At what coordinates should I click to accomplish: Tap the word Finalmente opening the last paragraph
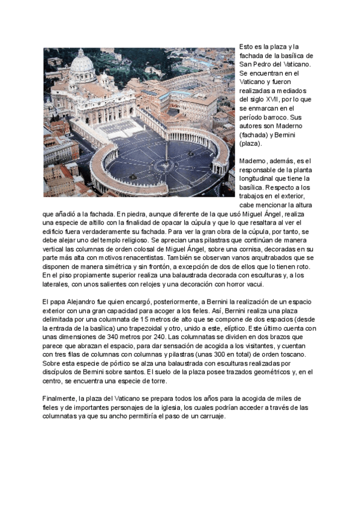tap(60, 398)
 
